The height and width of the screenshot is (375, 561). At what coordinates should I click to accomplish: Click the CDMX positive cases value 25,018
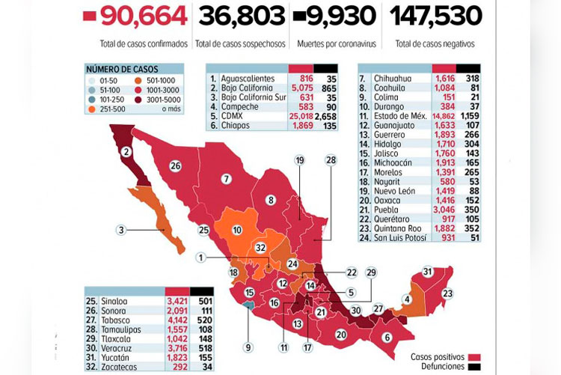click(x=298, y=117)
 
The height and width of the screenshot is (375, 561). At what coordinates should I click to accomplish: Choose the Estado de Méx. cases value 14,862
click(x=444, y=116)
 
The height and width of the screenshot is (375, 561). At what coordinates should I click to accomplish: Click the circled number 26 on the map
click(x=177, y=165)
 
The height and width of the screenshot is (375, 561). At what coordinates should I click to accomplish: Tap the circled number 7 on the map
click(x=224, y=179)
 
